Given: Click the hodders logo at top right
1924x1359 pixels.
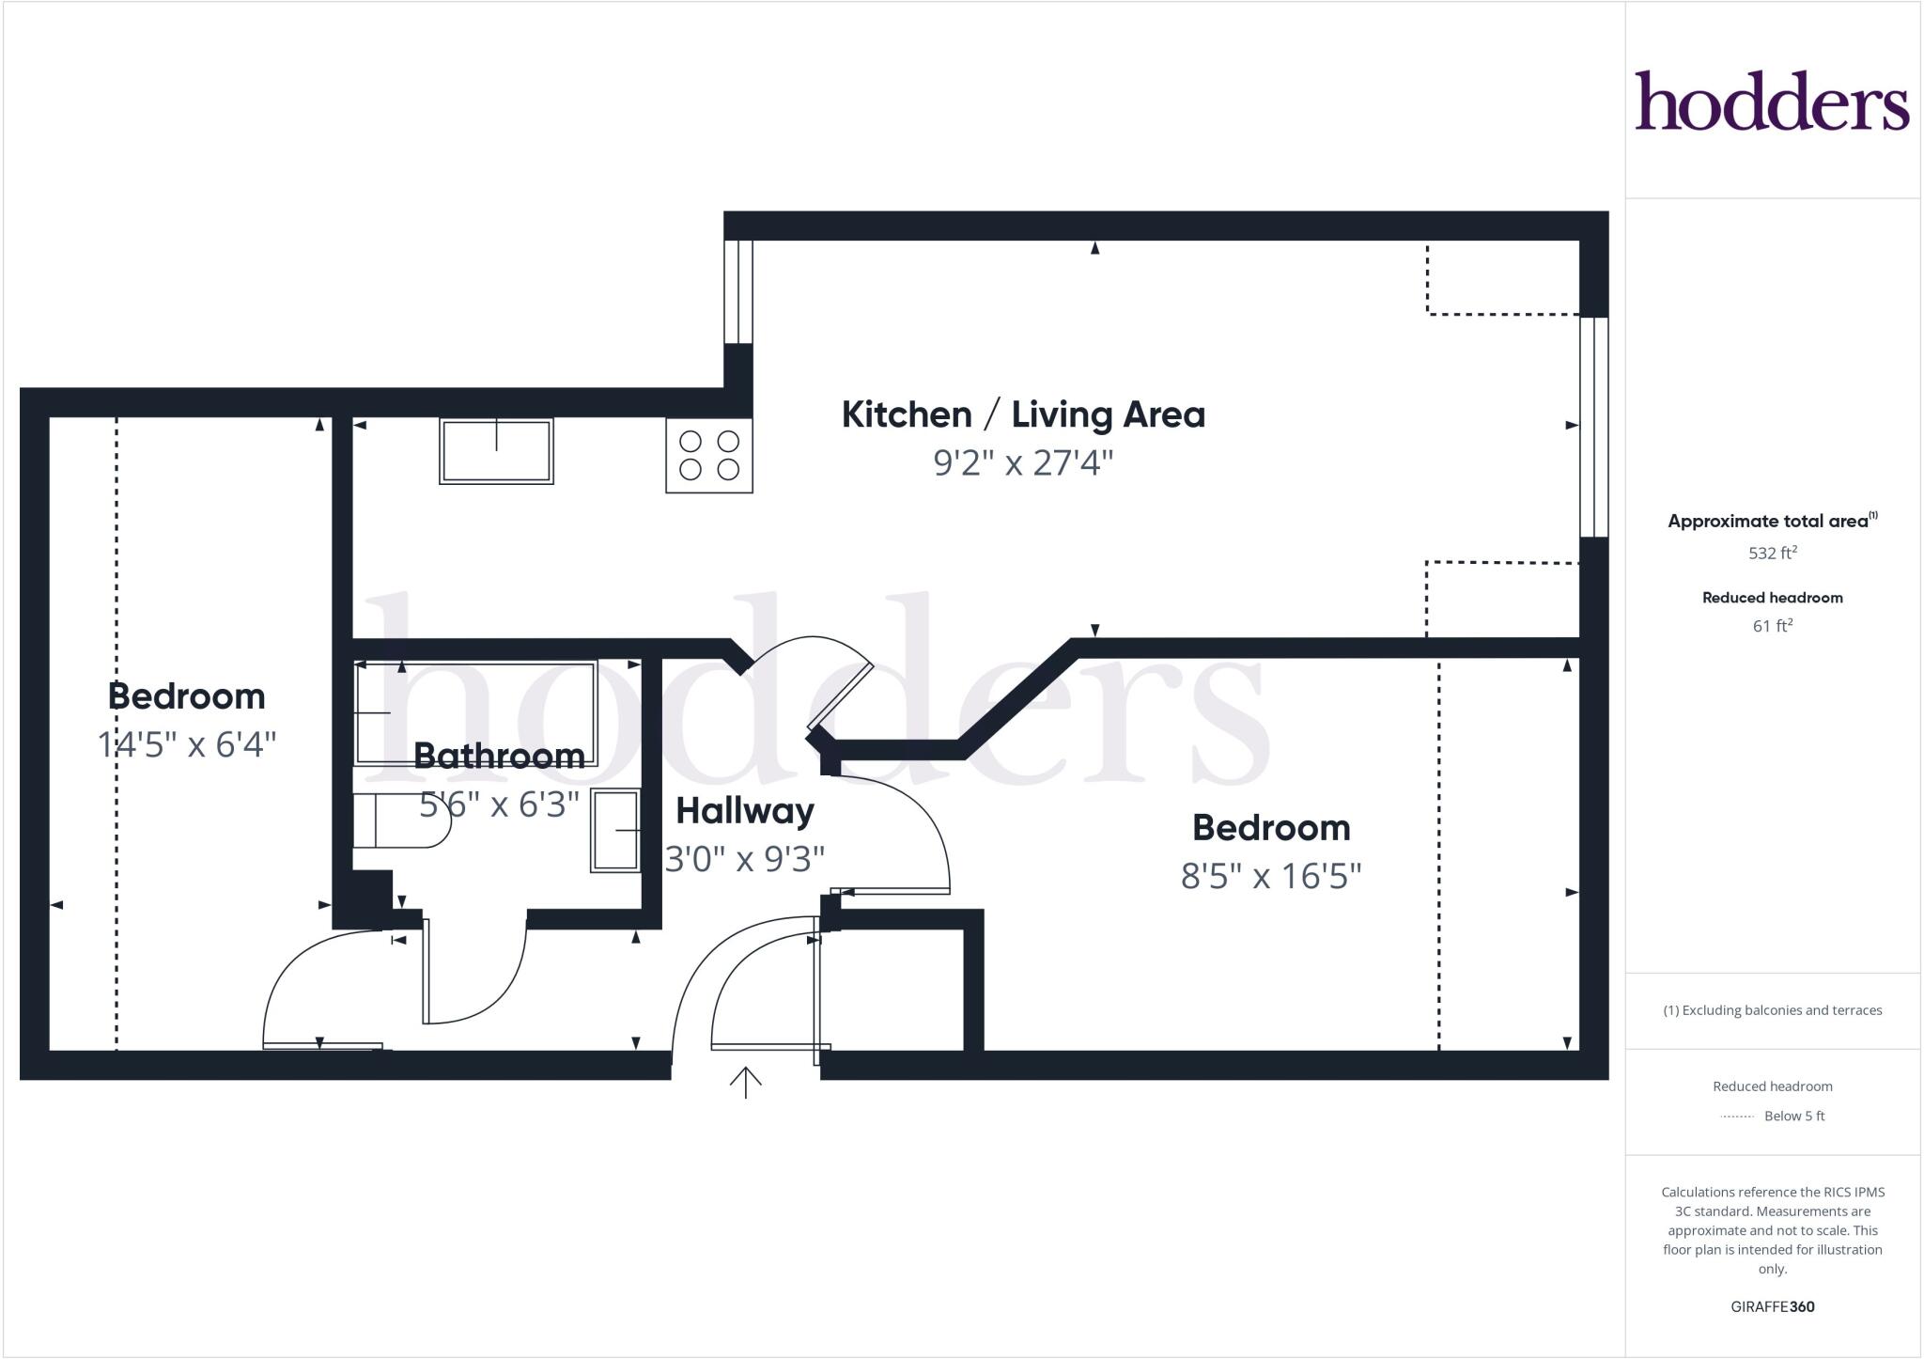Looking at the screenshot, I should pyautogui.click(x=1771, y=101).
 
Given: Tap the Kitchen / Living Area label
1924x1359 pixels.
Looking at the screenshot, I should pyautogui.click(x=1022, y=414).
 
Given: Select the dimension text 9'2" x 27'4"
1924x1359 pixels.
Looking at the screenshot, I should pyautogui.click(x=1022, y=463).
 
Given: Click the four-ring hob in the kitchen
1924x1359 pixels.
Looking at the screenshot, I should pyautogui.click(x=709, y=455).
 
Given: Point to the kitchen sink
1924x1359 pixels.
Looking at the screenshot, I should pyautogui.click(x=496, y=451).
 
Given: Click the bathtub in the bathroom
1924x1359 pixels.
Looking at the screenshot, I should pyautogui.click(x=475, y=712).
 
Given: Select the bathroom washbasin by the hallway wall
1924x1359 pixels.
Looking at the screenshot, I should pyautogui.click(x=615, y=831).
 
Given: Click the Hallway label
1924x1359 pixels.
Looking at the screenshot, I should pyautogui.click(x=745, y=810).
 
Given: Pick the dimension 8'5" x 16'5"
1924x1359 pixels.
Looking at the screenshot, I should pyautogui.click(x=1270, y=876).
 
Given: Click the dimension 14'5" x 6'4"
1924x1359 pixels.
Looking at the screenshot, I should pyautogui.click(x=187, y=744).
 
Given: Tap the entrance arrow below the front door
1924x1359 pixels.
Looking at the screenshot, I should pyautogui.click(x=745, y=1083).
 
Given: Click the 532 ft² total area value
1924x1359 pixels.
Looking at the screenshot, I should pyautogui.click(x=1772, y=553).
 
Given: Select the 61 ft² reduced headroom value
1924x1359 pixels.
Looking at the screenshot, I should pyautogui.click(x=1772, y=626).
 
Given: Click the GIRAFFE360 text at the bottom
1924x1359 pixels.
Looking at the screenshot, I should pyautogui.click(x=1772, y=1306).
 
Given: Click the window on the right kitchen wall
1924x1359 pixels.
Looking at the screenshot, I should pyautogui.click(x=1593, y=428).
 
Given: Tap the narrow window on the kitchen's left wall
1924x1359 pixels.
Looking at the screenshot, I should pyautogui.click(x=738, y=292).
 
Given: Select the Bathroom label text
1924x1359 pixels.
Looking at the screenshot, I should pyautogui.click(x=499, y=756).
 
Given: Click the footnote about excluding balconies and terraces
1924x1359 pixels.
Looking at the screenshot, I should pyautogui.click(x=1772, y=1010).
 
